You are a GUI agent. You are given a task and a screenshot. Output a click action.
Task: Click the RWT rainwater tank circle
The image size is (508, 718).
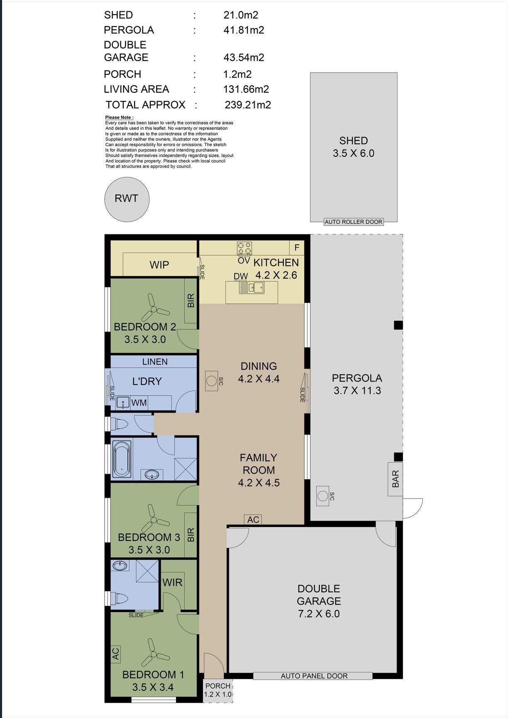[127, 199]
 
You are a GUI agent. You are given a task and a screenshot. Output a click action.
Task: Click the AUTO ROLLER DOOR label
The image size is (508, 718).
[353, 222]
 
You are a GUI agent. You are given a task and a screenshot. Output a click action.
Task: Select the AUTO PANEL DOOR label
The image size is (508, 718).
[314, 676]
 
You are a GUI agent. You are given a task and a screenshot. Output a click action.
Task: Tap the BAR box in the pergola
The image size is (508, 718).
[395, 479]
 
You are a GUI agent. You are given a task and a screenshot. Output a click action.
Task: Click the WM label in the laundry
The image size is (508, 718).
[139, 403]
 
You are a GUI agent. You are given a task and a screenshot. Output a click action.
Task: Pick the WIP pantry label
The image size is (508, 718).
[159, 265]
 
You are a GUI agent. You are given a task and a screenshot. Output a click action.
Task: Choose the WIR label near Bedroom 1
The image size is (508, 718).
[172, 582]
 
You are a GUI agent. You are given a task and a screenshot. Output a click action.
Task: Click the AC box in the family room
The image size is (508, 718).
[253, 519]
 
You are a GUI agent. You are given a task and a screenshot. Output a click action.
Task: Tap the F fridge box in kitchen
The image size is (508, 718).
[297, 248]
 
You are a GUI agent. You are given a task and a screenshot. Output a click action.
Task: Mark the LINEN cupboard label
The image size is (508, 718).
[155, 361]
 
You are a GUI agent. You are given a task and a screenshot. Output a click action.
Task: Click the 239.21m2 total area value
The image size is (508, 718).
[248, 105]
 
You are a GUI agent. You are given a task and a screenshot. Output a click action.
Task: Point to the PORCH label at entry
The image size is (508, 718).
[218, 686]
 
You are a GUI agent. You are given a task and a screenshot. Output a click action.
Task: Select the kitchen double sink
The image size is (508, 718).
[251, 287]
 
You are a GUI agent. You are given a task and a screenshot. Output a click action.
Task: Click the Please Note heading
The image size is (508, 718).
[119, 118]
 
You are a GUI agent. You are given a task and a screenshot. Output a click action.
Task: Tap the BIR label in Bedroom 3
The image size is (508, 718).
[191, 534]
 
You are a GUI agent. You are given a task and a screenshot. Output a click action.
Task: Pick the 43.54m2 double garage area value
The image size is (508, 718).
[244, 57]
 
